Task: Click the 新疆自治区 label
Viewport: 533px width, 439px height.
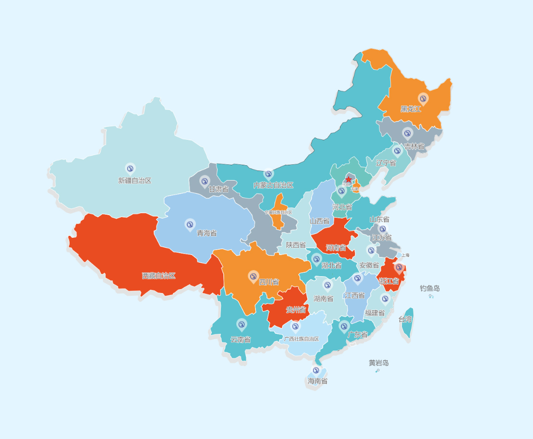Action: pos(135,181)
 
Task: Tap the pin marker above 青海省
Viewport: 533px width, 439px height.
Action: pos(190,224)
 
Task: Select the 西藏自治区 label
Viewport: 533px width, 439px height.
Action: pos(159,276)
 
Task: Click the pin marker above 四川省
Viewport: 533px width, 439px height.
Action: pos(254,276)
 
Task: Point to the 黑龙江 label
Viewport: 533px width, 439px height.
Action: pos(411,109)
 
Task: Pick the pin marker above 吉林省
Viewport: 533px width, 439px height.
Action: pos(408,133)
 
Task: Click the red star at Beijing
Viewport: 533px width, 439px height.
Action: pos(349,179)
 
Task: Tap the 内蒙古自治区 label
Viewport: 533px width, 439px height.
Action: pos(273,185)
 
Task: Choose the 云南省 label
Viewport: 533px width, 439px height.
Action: pos(241,340)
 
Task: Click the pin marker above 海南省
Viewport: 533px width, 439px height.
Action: pos(316,370)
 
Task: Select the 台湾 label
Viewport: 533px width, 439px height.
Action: pos(405,319)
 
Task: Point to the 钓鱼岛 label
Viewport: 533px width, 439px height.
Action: pos(430,288)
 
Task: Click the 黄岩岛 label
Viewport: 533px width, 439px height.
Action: pos(379,363)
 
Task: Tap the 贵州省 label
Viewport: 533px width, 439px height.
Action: pos(296,309)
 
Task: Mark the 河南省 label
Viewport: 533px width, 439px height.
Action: pos(336,248)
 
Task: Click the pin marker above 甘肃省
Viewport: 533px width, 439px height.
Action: pos(205,181)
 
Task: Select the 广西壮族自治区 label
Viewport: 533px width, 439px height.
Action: pos(302,339)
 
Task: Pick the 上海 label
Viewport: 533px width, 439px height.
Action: pos(405,255)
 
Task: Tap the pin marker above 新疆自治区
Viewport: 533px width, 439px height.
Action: pos(130,168)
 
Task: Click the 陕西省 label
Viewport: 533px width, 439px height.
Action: pos(296,244)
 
